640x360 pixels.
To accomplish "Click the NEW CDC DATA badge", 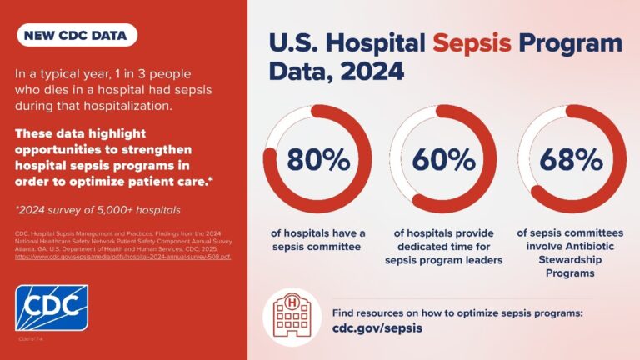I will [76, 36].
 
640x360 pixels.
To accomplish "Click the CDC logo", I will [51, 308].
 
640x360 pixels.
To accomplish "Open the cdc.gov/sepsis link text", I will [377, 328].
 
